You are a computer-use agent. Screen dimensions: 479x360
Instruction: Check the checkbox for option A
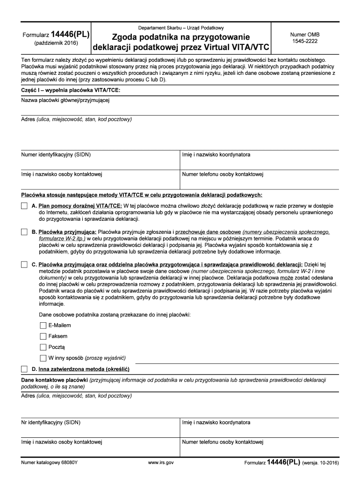tap(24, 206)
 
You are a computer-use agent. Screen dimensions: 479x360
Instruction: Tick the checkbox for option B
tap(24, 232)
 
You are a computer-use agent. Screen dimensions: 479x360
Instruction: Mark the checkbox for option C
tap(24, 265)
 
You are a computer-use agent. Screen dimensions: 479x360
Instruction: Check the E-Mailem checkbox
tap(43, 325)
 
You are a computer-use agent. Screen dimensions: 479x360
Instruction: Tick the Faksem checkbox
tap(43, 336)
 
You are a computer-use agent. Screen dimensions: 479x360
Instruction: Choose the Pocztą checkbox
tap(43, 348)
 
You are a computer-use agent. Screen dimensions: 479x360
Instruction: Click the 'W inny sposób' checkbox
tap(43, 359)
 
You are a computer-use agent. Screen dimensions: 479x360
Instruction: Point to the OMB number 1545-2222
tap(304, 42)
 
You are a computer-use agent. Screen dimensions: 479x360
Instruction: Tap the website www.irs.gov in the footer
tap(161, 463)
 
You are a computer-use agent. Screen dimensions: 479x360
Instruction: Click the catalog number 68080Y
tap(49, 463)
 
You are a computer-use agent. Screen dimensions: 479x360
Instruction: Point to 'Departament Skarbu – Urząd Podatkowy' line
tap(180, 28)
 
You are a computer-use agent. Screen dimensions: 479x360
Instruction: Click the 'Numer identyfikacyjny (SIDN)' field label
tap(56, 155)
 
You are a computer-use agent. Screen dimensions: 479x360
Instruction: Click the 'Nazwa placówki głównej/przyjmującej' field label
tap(65, 100)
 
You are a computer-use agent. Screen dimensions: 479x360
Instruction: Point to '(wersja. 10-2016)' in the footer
tap(321, 463)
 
